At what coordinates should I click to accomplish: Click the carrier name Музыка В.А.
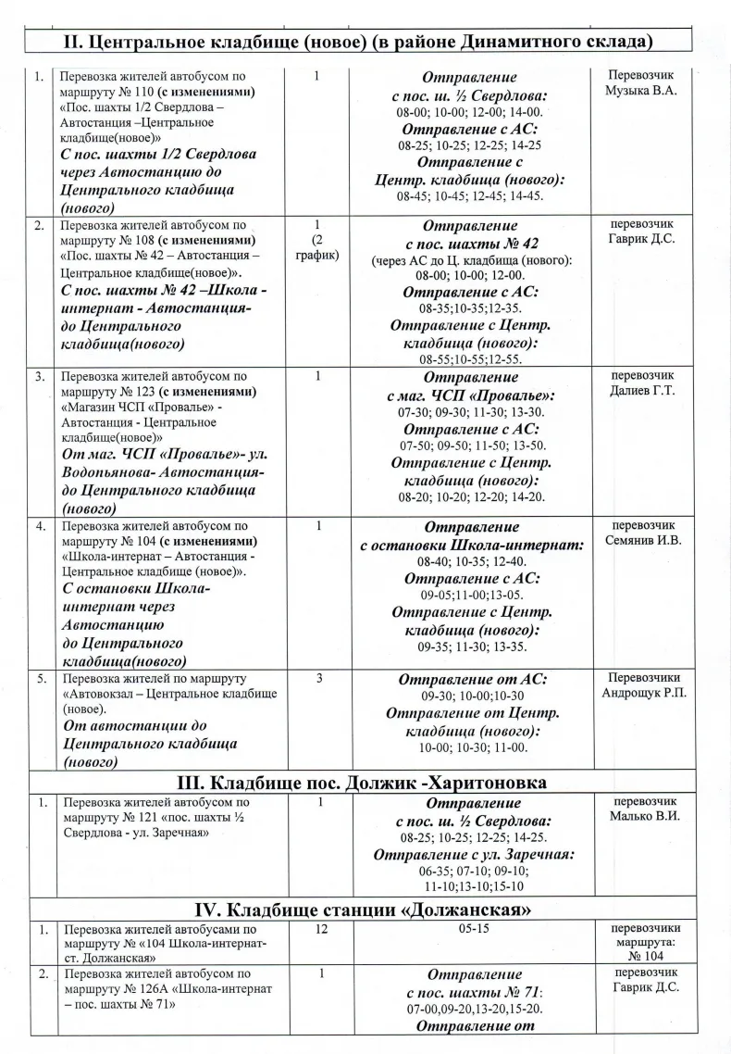pyautogui.click(x=638, y=90)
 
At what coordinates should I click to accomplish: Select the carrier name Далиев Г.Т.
pyautogui.click(x=638, y=390)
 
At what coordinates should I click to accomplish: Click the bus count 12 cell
pyautogui.click(x=320, y=929)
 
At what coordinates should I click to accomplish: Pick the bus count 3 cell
pyautogui.click(x=318, y=678)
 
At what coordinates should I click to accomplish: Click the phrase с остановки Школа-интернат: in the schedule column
pyautogui.click(x=472, y=546)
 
